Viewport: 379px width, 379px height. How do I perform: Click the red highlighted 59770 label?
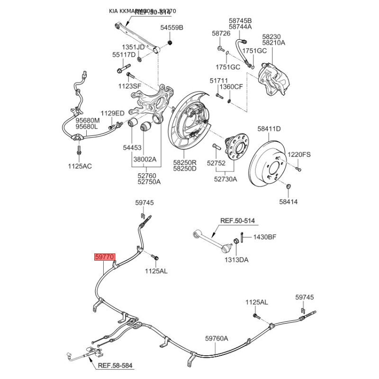[x=105, y=257]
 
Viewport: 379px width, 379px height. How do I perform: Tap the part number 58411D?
[x=269, y=128]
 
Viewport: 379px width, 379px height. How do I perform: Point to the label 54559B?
[x=171, y=28]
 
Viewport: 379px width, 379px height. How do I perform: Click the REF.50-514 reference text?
[x=237, y=220]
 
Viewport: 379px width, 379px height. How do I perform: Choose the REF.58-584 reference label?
[x=115, y=365]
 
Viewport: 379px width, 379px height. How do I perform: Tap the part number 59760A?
[x=217, y=338]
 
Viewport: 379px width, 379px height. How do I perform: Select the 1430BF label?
[x=264, y=237]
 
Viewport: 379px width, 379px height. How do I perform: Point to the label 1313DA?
[x=237, y=260]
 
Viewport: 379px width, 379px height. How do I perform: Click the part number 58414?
[x=288, y=202]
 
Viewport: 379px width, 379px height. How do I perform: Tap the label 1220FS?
[x=299, y=154]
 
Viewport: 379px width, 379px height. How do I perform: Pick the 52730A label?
[x=226, y=179]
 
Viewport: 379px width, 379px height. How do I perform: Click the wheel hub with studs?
[x=234, y=147]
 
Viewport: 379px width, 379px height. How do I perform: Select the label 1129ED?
[x=112, y=113]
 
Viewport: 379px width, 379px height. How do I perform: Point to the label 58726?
[x=221, y=34]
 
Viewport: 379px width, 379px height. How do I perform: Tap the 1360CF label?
[x=232, y=87]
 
